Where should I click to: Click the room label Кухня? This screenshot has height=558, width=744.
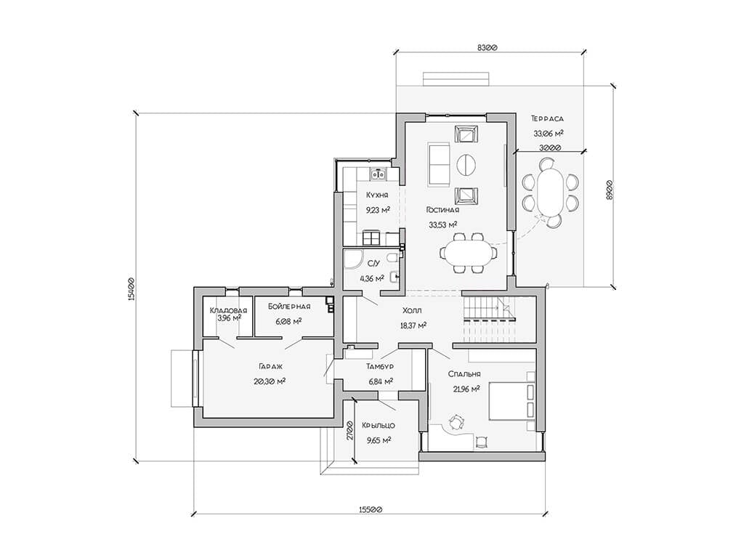377,195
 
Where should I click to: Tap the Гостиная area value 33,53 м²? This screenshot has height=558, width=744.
442,225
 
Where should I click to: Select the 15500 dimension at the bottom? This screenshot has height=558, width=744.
370,509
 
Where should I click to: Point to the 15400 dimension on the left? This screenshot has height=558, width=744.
132,288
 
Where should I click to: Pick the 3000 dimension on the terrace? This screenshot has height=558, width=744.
550,147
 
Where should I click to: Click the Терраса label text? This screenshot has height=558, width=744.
548,118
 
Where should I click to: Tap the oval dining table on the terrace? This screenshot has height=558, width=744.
550,193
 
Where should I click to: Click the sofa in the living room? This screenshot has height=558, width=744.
439,163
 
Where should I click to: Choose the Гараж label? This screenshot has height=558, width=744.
271,367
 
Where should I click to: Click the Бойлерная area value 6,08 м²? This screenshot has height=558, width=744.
288,321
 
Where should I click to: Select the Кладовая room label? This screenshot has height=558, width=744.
228,311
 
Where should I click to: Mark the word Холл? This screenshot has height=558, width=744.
412,310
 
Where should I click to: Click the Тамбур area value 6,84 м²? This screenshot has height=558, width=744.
381,381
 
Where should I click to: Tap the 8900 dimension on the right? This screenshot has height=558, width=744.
610,189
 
